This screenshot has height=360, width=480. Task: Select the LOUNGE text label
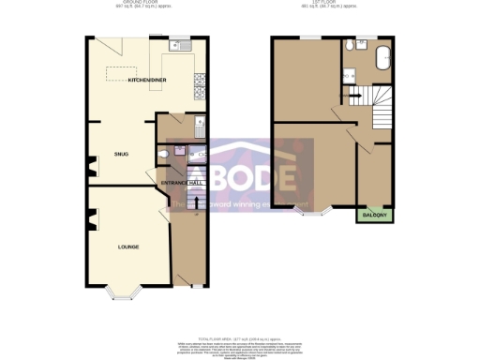(x=128, y=247)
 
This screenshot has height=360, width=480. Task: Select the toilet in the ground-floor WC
(x=167, y=154)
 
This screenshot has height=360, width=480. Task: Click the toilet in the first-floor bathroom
(x=348, y=47)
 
